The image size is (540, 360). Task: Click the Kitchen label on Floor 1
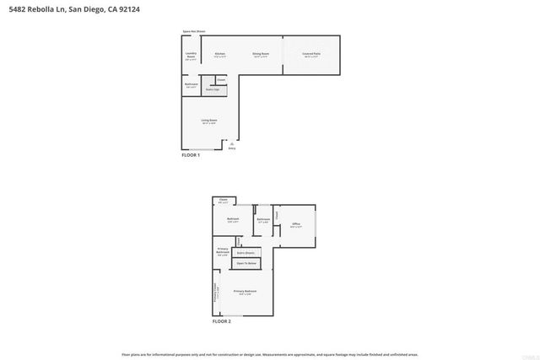[219, 55]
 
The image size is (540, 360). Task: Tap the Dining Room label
[261, 55]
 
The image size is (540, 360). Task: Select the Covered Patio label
[311, 55]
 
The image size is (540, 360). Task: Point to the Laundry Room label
[191, 56]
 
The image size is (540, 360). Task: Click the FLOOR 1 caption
[191, 156]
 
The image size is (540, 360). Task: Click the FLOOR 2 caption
[221, 321]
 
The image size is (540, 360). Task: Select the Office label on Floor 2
[296, 224]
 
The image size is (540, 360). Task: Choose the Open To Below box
[246, 264]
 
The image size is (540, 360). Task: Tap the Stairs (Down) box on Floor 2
[246, 252]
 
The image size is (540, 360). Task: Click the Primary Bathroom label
[223, 251]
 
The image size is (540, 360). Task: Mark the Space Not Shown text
[194, 32]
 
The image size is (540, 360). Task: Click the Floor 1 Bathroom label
[191, 85]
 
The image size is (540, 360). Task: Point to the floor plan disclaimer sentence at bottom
[269, 354]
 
